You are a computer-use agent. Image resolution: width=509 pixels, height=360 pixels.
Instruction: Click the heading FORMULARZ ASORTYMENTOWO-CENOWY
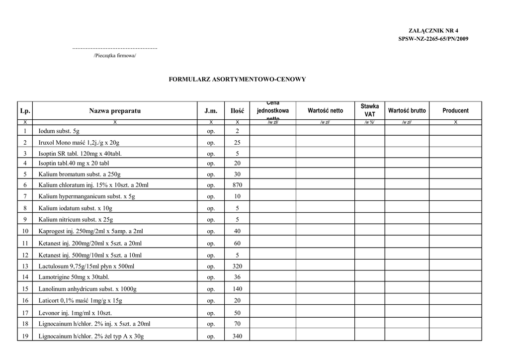237,79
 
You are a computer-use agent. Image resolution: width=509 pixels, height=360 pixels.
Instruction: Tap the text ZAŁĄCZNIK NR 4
433,30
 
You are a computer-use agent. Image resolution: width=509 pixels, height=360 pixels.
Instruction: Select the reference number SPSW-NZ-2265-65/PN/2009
433,39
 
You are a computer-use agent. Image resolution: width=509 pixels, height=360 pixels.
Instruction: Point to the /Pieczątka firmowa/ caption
115,55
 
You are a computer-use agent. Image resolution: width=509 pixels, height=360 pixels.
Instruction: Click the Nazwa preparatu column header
115,111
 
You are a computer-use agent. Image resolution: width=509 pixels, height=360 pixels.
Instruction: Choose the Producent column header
455,111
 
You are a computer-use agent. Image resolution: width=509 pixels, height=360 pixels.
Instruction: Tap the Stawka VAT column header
370,110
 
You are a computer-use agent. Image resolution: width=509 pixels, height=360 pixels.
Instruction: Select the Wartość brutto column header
407,111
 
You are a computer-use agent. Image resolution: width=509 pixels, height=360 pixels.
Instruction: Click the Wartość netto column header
325,111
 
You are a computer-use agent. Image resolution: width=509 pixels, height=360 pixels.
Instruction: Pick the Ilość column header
237,111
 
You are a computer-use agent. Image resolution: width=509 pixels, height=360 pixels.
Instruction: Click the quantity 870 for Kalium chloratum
237,185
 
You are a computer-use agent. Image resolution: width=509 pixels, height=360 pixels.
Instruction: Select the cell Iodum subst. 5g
59,131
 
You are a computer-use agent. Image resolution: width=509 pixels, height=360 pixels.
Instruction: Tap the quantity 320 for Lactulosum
237,267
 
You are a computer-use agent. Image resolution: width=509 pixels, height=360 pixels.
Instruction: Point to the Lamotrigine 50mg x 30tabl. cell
74,277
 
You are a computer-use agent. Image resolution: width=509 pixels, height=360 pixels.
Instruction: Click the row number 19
25,337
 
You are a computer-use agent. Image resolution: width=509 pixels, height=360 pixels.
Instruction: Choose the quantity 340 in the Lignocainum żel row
237,337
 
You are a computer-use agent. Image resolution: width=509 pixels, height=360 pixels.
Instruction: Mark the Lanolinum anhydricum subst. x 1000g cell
87,289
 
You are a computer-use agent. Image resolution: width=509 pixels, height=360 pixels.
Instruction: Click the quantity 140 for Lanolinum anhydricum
237,289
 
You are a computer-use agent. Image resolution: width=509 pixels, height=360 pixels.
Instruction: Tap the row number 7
25,196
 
